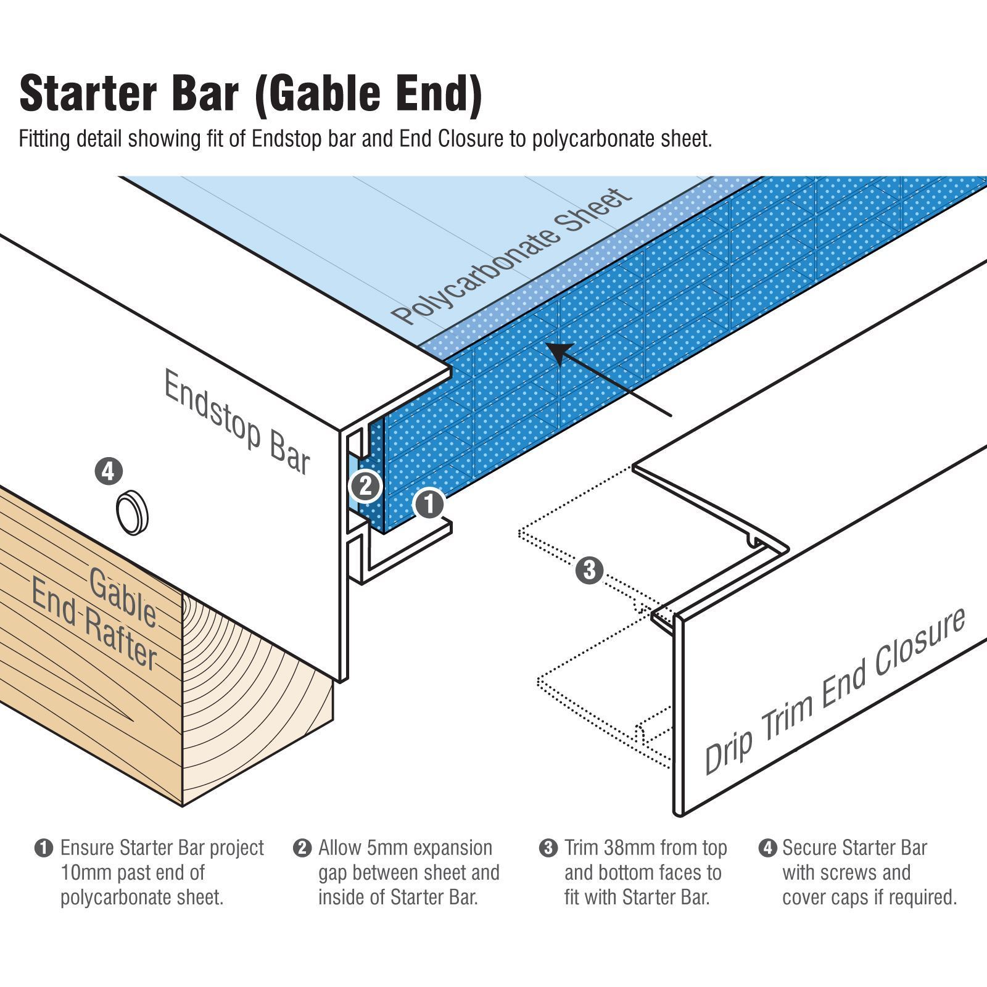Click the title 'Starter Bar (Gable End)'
[x=250, y=94]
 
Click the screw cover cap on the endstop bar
[x=132, y=513]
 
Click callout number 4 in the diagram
[x=109, y=472]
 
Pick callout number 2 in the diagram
[x=365, y=486]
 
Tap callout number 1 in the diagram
[x=429, y=504]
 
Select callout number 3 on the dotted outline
[x=589, y=570]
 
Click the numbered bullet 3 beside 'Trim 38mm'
[x=548, y=848]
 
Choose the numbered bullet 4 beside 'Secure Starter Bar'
[x=767, y=848]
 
